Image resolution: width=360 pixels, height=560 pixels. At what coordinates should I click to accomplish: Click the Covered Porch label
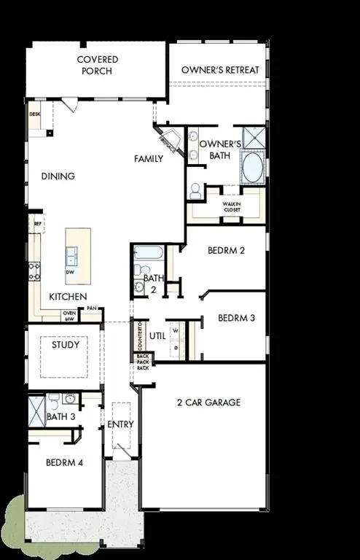pyautogui.click(x=98, y=64)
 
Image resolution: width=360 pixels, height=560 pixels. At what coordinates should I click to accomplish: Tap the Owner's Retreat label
pyautogui.click(x=216, y=70)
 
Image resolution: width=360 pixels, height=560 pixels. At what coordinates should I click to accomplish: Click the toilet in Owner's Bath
pyautogui.click(x=195, y=191)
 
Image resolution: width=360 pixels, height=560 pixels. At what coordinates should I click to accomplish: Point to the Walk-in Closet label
pyautogui.click(x=232, y=207)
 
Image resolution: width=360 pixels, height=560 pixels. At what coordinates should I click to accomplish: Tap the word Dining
pyautogui.click(x=58, y=176)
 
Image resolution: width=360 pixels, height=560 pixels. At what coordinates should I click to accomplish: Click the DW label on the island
pyautogui.click(x=71, y=272)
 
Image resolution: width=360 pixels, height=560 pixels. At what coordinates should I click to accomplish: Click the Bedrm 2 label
pyautogui.click(x=226, y=250)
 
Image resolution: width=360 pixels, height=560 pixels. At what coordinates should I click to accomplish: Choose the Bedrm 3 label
pyautogui.click(x=236, y=318)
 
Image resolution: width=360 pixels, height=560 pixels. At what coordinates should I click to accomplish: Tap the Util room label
pyautogui.click(x=157, y=335)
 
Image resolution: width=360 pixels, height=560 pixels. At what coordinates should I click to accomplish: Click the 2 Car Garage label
pyautogui.click(x=208, y=402)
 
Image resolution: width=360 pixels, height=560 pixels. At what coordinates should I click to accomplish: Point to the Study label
pyautogui.click(x=65, y=345)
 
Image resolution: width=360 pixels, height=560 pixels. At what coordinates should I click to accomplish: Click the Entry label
pyautogui.click(x=120, y=424)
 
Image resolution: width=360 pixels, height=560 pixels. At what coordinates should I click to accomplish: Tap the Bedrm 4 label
pyautogui.click(x=63, y=462)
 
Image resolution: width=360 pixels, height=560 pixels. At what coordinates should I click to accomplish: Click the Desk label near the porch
pyautogui.click(x=34, y=114)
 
